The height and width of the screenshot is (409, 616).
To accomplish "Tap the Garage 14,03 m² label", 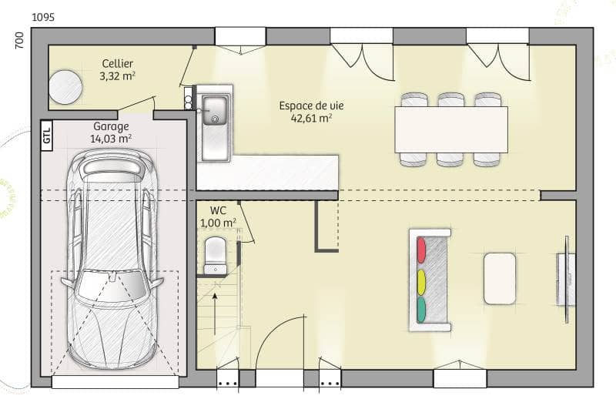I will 112,132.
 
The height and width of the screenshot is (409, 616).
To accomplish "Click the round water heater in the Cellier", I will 65,86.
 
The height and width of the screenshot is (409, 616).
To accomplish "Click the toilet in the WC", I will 215,255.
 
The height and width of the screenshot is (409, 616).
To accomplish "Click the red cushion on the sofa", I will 421,250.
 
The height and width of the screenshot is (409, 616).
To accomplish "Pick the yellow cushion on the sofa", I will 421,280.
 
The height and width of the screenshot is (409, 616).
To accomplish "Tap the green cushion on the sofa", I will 421,309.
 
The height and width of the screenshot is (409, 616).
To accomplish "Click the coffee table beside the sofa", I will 500,278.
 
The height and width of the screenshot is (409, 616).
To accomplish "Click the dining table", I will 451,129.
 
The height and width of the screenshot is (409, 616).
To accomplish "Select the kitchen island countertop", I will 267,172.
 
